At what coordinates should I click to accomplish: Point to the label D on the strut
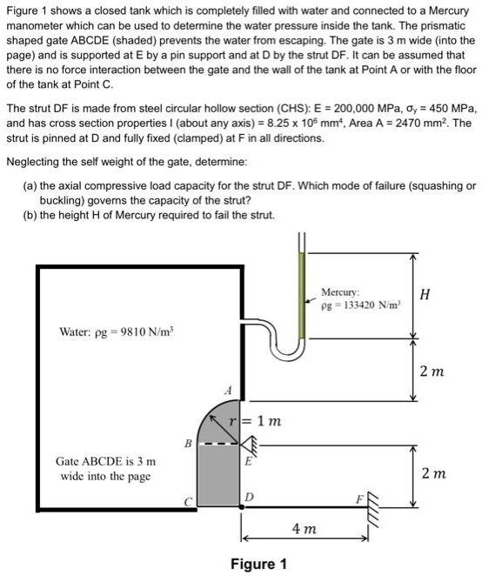click(x=248, y=496)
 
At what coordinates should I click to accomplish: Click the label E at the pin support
click(x=248, y=463)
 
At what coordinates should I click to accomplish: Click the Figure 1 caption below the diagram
click(x=258, y=564)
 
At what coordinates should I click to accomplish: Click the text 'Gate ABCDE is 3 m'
click(x=105, y=462)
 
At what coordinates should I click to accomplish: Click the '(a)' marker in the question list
click(x=30, y=185)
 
